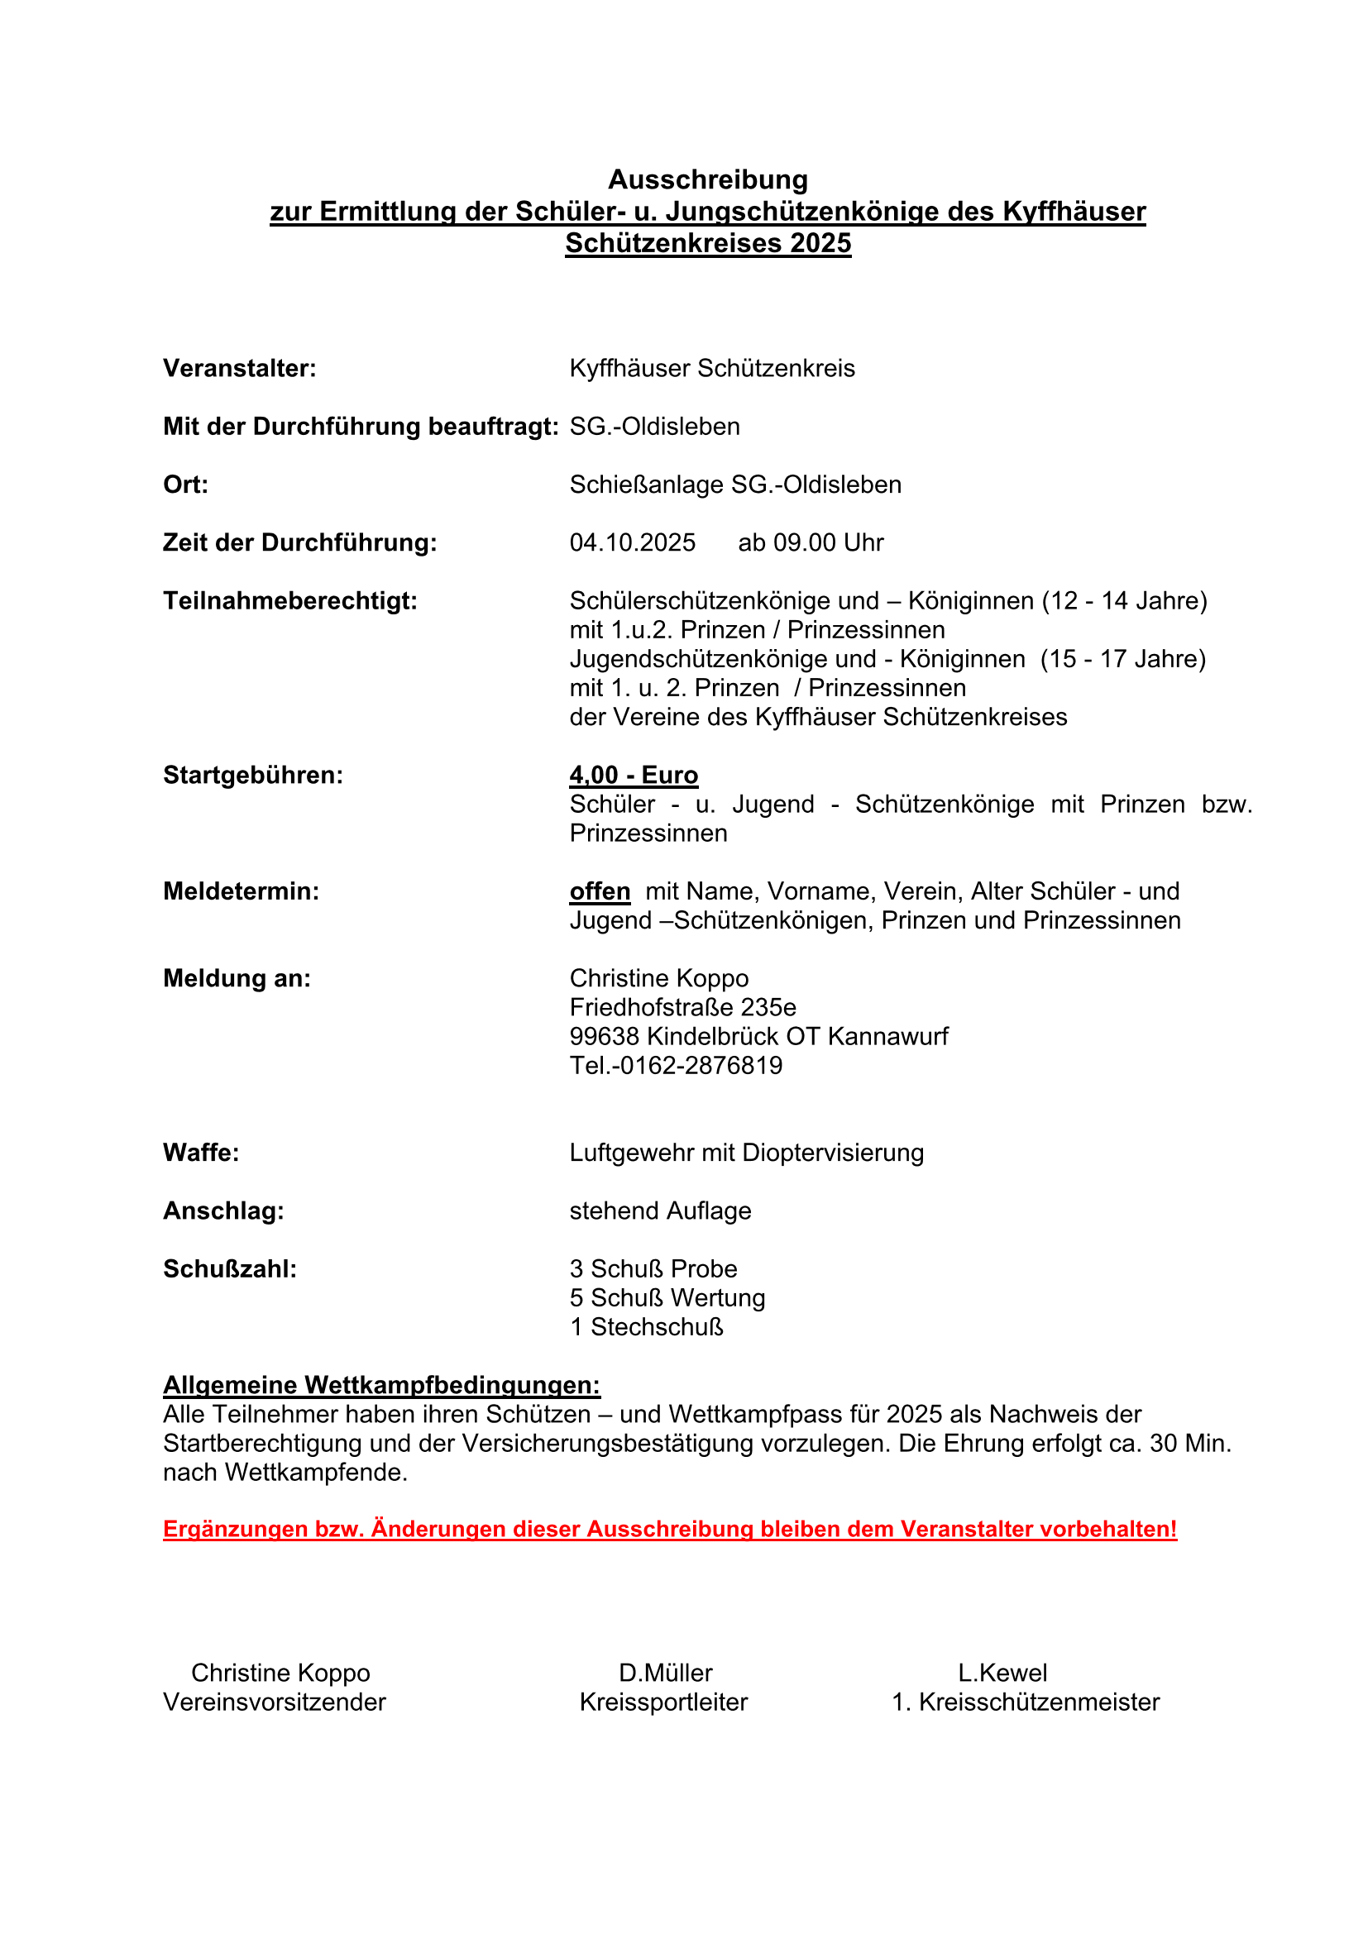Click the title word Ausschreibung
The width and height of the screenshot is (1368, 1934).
[708, 179]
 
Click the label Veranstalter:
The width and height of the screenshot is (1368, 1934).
[239, 369]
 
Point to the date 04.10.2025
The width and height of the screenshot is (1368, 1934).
[633, 542]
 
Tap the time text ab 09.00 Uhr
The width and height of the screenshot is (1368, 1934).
[811, 542]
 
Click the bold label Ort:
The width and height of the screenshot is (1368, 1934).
[185, 485]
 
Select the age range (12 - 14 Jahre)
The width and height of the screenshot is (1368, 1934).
[1124, 601]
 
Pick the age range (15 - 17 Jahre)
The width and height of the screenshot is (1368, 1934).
[1123, 659]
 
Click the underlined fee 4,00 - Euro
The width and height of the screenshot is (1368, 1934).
[634, 775]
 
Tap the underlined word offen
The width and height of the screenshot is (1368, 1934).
[600, 891]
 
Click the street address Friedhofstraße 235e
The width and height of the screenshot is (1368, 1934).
[682, 1007]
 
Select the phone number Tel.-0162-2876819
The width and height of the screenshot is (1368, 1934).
[676, 1066]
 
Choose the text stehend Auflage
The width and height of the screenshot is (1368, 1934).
[660, 1211]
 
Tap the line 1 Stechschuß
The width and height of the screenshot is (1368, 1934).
[646, 1328]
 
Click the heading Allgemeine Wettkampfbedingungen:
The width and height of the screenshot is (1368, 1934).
[381, 1386]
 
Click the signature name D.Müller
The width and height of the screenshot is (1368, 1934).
[666, 1673]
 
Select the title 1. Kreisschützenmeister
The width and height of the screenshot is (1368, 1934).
[1025, 1702]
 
